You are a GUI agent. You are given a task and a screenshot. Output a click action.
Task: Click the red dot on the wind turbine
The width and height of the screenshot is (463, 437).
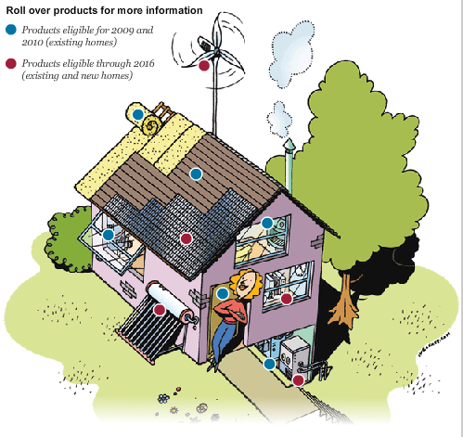pyautogui.click(x=204, y=66)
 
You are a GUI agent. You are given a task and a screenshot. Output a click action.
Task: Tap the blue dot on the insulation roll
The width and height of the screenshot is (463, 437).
pyautogui.click(x=138, y=114)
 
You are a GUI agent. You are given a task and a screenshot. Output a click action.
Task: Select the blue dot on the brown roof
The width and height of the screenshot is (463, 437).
pyautogui.click(x=196, y=174)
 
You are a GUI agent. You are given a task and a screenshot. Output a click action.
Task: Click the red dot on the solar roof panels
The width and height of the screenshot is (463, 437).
pyautogui.click(x=186, y=238)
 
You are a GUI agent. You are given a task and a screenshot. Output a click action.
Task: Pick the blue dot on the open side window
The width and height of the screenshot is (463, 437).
pyautogui.click(x=109, y=235)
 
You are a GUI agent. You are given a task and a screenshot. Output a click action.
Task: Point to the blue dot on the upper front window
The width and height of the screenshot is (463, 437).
pyautogui.click(x=267, y=223)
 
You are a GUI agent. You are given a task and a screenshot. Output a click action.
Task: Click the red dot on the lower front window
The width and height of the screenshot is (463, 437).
pyautogui.click(x=286, y=299)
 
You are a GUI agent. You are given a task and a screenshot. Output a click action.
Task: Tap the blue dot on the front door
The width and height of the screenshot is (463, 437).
pyautogui.click(x=223, y=293)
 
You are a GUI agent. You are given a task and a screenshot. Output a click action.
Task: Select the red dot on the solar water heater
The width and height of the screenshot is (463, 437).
pyautogui.click(x=160, y=310)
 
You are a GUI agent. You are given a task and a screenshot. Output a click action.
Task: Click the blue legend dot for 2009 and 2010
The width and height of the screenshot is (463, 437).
pyautogui.click(x=11, y=30)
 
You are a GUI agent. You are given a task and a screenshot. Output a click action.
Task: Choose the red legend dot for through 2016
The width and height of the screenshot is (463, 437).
pyautogui.click(x=11, y=63)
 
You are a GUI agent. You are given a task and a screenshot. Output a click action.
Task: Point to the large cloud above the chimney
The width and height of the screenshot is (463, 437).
pyautogui.click(x=292, y=53)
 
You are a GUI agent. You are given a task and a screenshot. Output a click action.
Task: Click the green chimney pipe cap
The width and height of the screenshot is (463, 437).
pyautogui.click(x=289, y=146)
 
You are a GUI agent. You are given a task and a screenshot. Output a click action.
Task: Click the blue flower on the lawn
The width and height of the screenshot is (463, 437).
pyautogui.click(x=163, y=398)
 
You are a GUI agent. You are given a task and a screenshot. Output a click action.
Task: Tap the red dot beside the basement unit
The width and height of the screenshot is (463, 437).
pyautogui.click(x=298, y=380)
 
